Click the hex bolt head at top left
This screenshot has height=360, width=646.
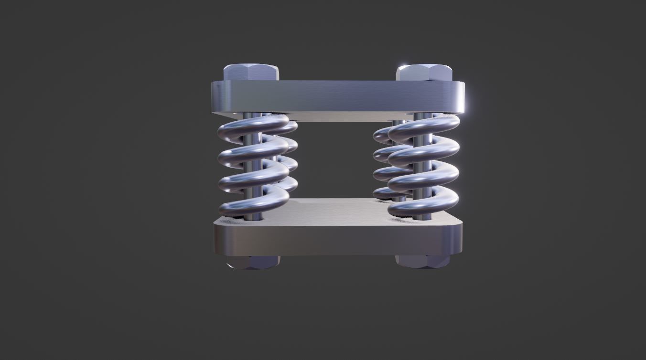click(x=251, y=73)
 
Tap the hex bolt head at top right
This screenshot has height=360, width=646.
click(x=424, y=73)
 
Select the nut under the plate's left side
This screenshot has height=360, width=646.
click(x=253, y=262)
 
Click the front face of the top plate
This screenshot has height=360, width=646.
click(x=337, y=95)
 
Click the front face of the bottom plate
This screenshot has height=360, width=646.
click(x=337, y=239)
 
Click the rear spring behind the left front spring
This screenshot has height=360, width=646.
click(x=291, y=162)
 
